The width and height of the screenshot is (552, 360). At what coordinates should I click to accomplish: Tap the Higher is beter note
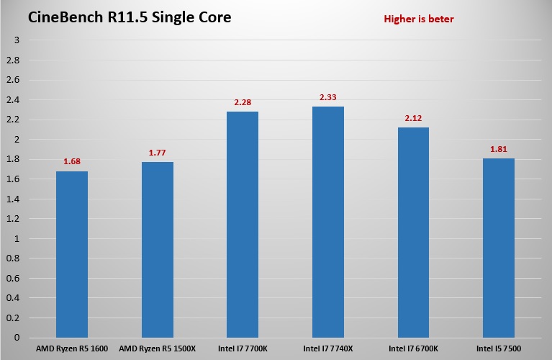(x=418, y=19)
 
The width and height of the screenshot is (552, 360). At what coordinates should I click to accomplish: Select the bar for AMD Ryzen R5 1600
(x=71, y=254)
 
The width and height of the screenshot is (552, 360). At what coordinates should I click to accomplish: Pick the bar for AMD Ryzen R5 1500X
(x=157, y=250)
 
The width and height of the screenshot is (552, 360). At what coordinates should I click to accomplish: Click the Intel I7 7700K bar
(x=243, y=225)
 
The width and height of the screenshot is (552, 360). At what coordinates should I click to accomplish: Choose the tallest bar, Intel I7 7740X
(x=328, y=222)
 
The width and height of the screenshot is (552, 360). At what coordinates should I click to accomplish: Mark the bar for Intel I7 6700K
(x=413, y=233)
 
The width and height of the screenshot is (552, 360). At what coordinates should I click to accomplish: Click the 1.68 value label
(x=71, y=161)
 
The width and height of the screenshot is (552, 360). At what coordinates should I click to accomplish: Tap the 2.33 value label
(x=328, y=96)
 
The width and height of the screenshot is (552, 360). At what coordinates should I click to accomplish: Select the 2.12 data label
(x=413, y=117)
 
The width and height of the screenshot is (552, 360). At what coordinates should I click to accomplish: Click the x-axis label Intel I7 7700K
(x=243, y=349)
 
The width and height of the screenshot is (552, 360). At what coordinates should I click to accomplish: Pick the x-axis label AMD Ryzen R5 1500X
(x=157, y=349)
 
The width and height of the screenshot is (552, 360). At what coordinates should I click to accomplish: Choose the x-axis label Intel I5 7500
(x=499, y=349)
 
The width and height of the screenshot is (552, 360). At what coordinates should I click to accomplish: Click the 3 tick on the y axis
(x=17, y=40)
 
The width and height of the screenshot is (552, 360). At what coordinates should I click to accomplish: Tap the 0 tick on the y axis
(x=17, y=338)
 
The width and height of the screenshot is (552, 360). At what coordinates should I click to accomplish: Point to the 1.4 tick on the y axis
(x=14, y=199)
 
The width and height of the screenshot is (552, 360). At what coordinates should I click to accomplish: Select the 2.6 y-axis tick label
(x=14, y=80)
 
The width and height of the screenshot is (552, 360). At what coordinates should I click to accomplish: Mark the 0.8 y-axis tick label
(x=14, y=258)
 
